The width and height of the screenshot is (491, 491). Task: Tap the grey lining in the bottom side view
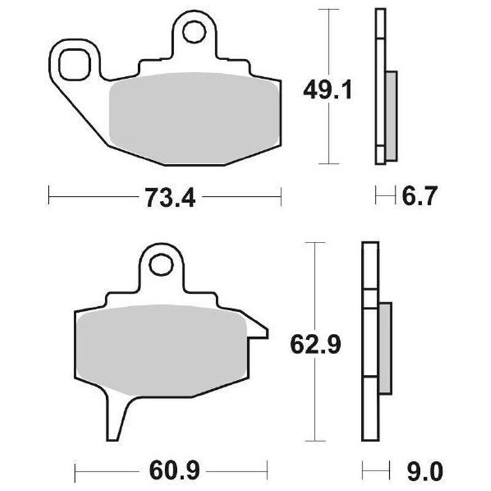point(385,347)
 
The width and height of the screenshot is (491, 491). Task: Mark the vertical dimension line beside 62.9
point(315,399)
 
